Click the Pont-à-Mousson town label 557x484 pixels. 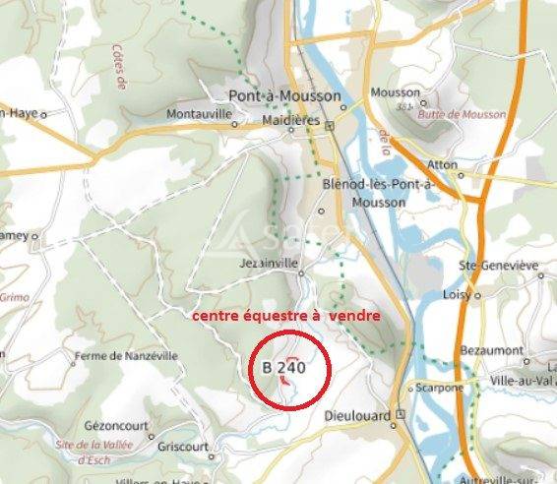click(284, 96)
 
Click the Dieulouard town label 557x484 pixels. click(357, 415)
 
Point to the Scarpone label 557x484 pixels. click(439, 387)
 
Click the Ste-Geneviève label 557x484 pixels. click(499, 266)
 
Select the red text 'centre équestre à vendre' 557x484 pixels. click(284, 316)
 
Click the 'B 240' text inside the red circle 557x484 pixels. click(283, 367)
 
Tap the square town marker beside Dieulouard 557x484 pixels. click(401, 415)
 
